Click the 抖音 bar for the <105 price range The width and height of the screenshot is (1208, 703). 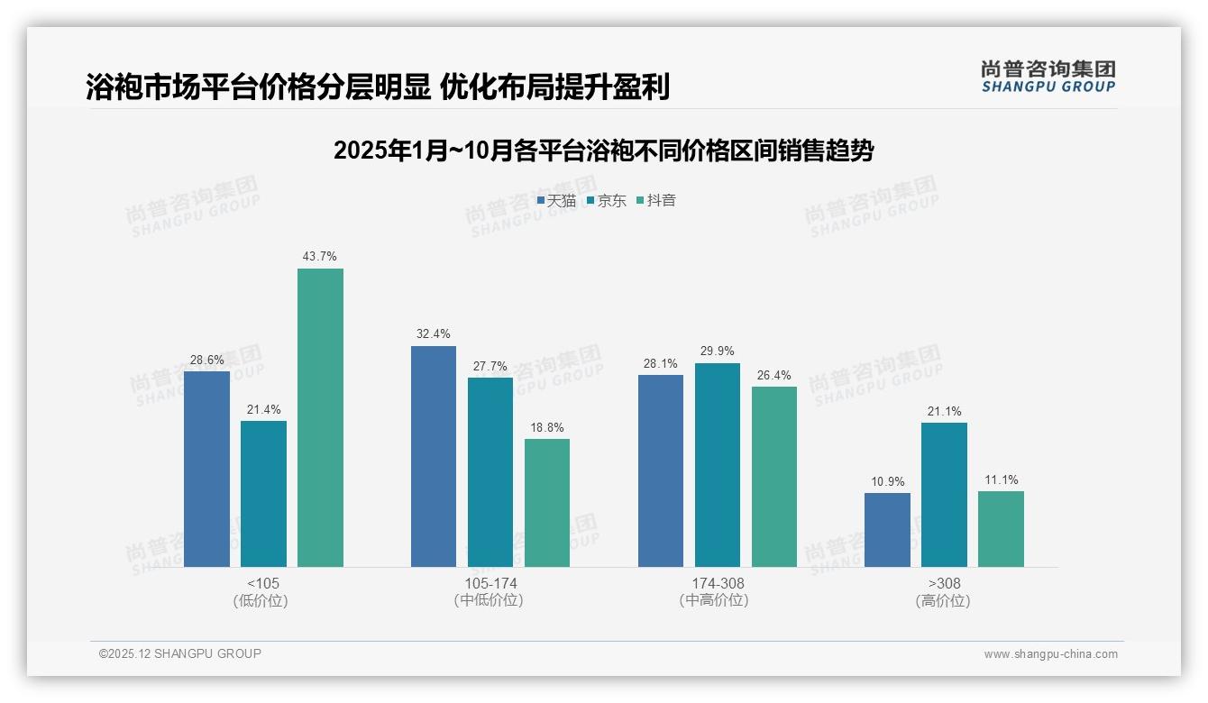tap(320, 417)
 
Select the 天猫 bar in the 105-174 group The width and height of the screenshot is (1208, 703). tap(434, 456)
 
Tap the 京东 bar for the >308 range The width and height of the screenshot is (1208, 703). tap(944, 495)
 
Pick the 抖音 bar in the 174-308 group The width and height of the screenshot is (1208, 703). tap(774, 477)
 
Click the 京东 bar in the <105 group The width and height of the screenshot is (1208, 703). tap(263, 494)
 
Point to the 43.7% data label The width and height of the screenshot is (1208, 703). tap(320, 257)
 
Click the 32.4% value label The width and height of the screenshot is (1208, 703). tap(434, 334)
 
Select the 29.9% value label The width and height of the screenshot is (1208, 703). tap(718, 351)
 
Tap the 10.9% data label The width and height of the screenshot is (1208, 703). tap(887, 482)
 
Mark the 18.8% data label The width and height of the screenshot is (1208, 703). tap(547, 428)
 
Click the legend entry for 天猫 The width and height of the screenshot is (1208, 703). tap(556, 201)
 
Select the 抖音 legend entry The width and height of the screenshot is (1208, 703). tap(656, 201)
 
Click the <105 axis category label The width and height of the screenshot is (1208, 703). tap(263, 583)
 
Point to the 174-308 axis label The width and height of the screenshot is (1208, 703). tap(718, 583)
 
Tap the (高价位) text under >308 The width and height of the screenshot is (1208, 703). tap(943, 601)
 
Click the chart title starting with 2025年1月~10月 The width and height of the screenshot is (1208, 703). tap(603, 151)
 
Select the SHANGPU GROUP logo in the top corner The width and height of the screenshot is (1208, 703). tap(1048, 77)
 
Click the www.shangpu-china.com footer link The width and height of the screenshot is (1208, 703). tap(1050, 654)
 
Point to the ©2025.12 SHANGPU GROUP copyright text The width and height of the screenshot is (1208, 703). tap(180, 653)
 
